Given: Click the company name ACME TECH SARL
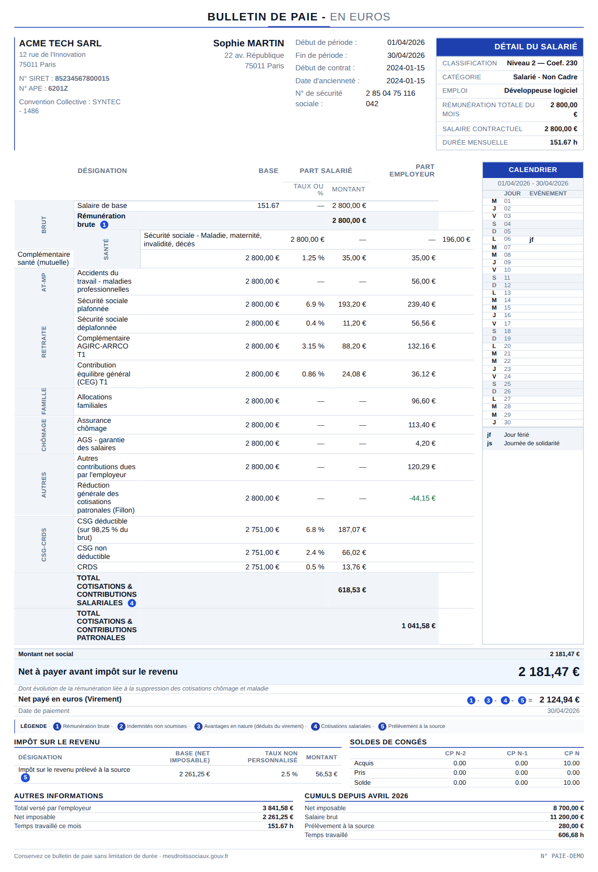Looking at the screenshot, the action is [60, 43].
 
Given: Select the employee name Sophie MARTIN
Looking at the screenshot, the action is [249, 43].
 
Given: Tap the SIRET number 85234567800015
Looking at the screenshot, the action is [82, 78].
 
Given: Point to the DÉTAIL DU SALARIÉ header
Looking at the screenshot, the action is [536, 47].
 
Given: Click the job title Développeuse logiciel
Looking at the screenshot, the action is [541, 90].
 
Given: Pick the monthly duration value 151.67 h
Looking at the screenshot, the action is [564, 142].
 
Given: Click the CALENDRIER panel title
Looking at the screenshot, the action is [533, 170].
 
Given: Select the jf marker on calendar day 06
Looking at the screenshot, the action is [531, 239].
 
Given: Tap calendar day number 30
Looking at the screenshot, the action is [507, 422].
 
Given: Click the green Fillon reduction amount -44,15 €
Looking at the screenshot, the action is [422, 498].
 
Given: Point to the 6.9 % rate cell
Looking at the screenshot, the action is [315, 304].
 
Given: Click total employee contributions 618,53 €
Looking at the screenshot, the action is [352, 590].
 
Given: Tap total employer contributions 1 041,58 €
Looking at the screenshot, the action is [419, 626].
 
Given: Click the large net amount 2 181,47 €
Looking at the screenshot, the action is [549, 672].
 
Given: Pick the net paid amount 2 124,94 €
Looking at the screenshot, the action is [559, 700].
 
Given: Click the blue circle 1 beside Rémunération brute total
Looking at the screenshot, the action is [104, 225].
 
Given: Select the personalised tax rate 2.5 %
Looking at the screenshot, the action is [289, 774].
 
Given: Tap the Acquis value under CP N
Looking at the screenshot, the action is [572, 763].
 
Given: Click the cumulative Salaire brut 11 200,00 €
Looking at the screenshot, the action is [567, 817].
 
